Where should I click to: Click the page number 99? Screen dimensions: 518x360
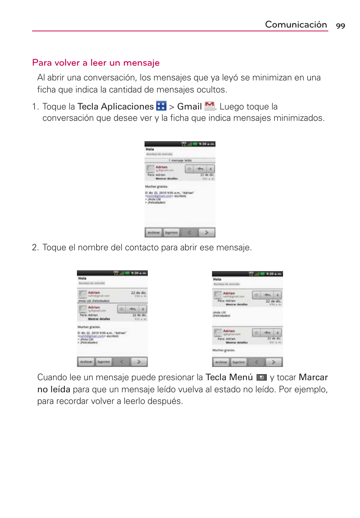click(x=340, y=26)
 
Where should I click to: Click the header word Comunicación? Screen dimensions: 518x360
click(x=296, y=25)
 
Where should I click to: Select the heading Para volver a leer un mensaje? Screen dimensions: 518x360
click(x=96, y=63)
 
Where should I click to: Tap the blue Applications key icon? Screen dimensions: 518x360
click(x=161, y=106)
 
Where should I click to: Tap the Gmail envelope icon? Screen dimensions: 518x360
click(x=209, y=106)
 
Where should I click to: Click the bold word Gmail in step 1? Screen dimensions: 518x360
click(x=189, y=107)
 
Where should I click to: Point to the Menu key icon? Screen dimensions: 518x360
click(x=261, y=377)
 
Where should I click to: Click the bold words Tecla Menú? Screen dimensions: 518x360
click(x=229, y=377)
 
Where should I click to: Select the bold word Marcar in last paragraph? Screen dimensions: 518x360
click(x=313, y=377)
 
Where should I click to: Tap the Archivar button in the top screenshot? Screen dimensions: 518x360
click(x=154, y=233)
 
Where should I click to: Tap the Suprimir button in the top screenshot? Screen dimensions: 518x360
click(x=171, y=233)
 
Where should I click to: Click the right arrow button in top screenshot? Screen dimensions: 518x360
click(x=206, y=233)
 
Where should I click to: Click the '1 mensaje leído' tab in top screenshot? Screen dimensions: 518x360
click(x=180, y=160)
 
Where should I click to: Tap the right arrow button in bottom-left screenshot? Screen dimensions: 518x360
click(x=139, y=362)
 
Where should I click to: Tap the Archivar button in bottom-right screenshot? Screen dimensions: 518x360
click(x=221, y=362)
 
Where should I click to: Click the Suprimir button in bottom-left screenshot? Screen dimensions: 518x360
click(x=104, y=362)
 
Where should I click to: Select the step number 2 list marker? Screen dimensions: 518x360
click(x=35, y=248)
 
